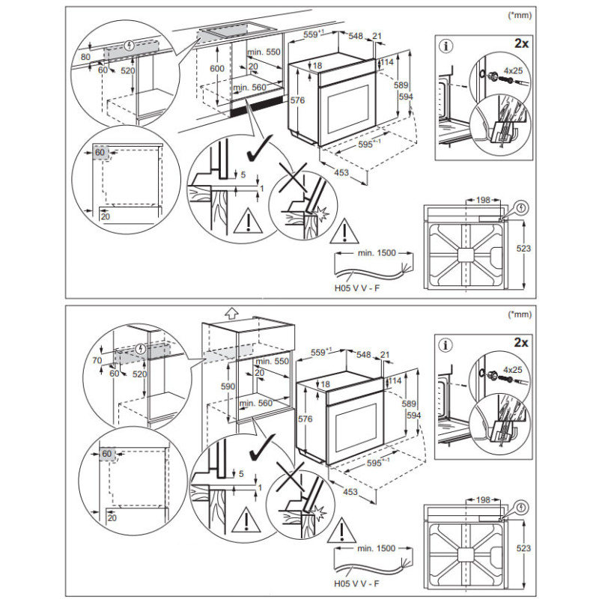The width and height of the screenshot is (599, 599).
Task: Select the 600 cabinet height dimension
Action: coord(217,67)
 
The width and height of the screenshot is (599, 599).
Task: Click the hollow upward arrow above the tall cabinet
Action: coord(231,311)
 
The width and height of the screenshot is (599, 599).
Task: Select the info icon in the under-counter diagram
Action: coord(448,46)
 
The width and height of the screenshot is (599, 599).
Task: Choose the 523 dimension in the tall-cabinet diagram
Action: coord(524,548)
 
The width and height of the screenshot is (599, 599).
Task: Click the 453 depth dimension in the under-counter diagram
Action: coord(341,173)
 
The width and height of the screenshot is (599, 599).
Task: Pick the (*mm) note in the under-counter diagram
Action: coord(519,14)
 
